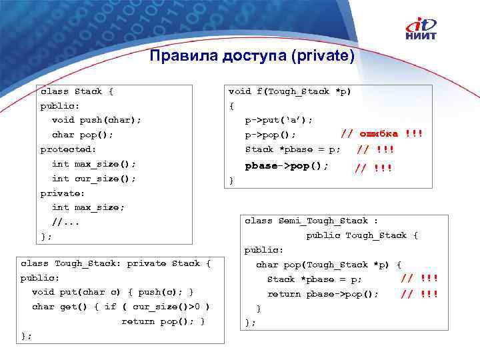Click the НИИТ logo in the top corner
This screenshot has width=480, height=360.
(421, 29)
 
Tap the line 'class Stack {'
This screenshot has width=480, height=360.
(77, 91)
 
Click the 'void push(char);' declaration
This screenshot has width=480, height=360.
(97, 120)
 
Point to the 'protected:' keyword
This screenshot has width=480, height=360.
(68, 149)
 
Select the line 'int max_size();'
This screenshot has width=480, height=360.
(94, 163)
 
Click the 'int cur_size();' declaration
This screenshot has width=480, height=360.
(94, 178)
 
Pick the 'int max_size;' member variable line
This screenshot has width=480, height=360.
(88, 207)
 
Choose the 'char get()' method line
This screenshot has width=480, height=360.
(121, 307)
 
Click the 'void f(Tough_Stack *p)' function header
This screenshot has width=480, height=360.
(290, 91)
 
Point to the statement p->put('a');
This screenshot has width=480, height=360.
(279, 120)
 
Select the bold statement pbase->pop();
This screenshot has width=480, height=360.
(287, 165)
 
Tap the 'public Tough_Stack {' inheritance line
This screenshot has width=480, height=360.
(362, 235)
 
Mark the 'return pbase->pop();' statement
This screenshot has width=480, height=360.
(323, 294)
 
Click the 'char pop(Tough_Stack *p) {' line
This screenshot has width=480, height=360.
(329, 265)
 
